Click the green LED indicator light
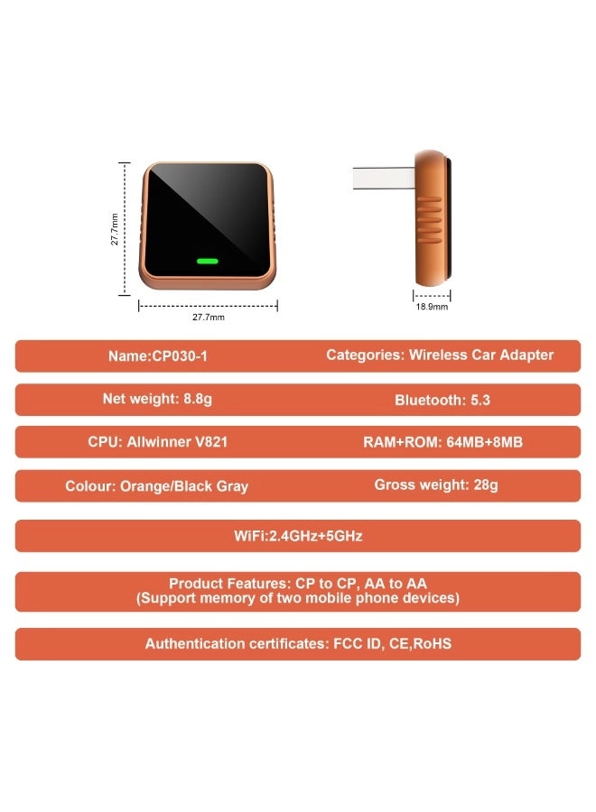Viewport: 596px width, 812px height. (208, 261)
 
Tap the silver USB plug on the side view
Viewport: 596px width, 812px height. (384, 178)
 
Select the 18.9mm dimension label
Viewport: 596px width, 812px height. (432, 307)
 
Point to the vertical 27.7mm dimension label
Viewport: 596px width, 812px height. (115, 229)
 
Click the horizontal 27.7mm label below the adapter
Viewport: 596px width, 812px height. (209, 317)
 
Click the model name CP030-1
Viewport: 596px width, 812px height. (180, 356)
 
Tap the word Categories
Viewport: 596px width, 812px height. (365, 355)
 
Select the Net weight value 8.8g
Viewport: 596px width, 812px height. (198, 399)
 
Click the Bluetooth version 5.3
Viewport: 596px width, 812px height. (480, 400)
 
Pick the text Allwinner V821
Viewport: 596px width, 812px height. (177, 442)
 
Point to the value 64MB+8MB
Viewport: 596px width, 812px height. (485, 442)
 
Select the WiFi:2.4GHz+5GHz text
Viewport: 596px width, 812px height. (298, 535)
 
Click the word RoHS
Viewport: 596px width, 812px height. (433, 643)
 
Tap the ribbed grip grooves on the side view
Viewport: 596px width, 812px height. (430, 219)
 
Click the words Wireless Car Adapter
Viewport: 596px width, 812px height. (481, 355)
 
